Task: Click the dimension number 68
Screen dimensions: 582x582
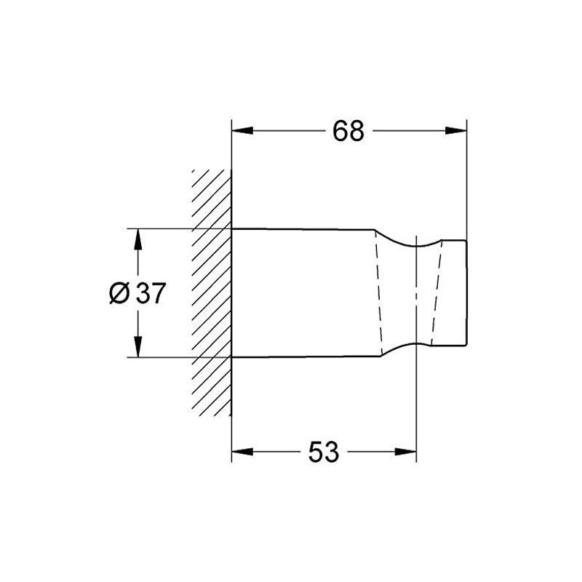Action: (x=348, y=131)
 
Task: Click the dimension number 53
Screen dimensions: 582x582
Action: (x=324, y=452)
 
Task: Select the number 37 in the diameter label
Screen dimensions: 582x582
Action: (x=151, y=293)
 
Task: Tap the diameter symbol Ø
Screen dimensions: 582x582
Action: (x=119, y=293)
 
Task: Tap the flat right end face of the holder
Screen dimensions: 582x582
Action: (x=466, y=293)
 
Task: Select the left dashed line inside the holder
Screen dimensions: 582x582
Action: (x=378, y=293)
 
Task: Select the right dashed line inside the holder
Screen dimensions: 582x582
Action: (x=436, y=293)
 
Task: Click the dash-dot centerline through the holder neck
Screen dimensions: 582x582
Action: (x=416, y=293)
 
